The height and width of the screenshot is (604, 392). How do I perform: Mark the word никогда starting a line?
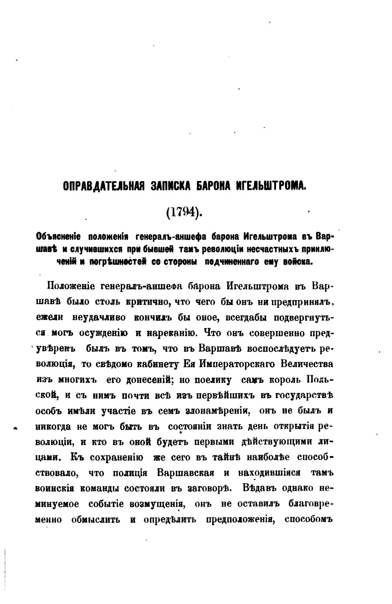[x=53, y=427]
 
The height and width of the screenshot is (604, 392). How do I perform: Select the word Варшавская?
[x=186, y=473]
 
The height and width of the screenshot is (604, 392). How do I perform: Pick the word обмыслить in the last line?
[x=96, y=519]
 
